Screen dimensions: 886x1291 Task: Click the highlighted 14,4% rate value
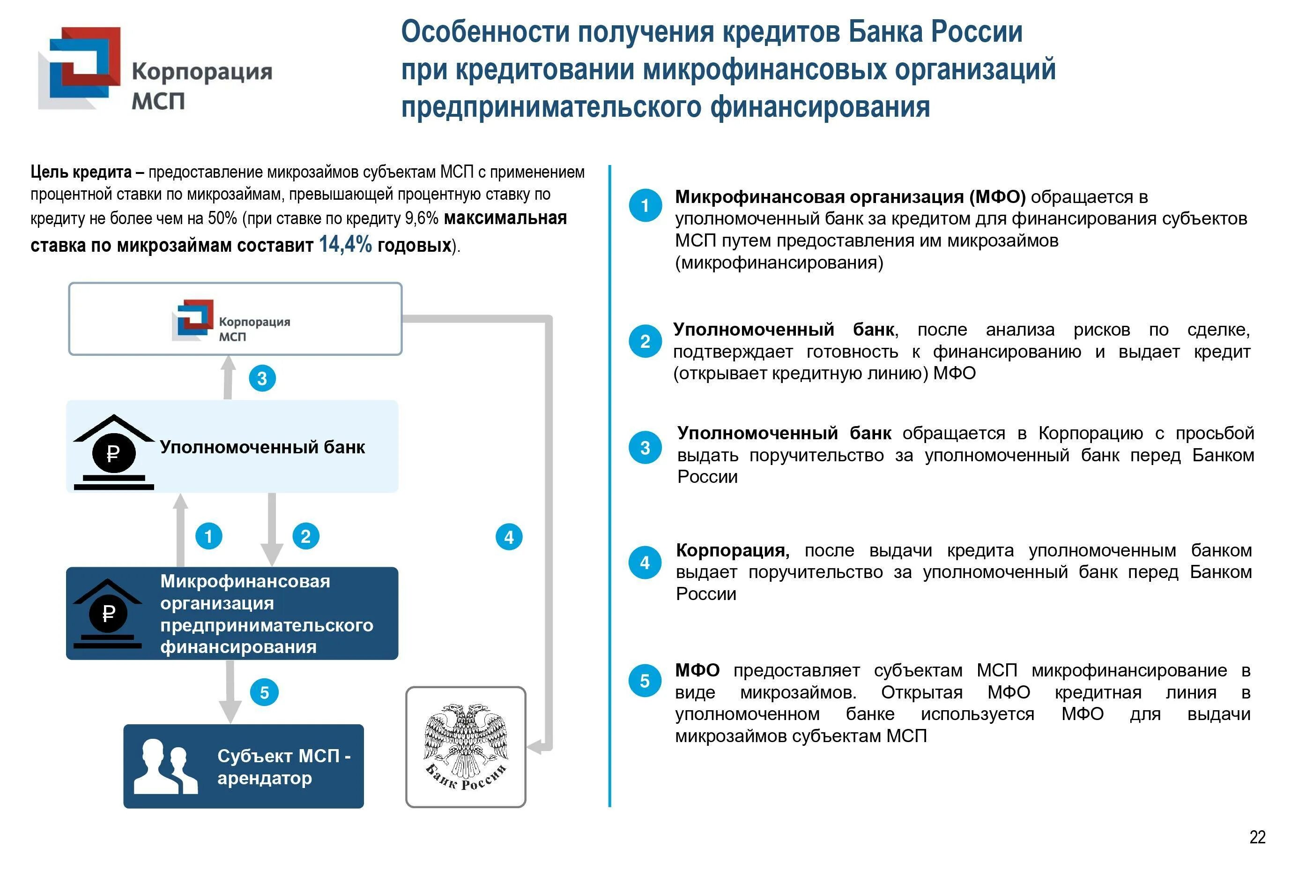click(x=345, y=244)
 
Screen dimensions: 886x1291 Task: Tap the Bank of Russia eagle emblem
click(x=466, y=746)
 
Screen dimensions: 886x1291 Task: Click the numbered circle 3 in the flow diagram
click(x=262, y=378)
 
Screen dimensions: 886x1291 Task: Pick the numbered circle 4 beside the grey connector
click(x=509, y=537)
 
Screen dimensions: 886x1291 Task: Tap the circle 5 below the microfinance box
click(x=264, y=692)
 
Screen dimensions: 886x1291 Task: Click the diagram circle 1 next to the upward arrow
click(x=209, y=536)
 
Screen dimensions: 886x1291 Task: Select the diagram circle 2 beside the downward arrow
click(x=305, y=536)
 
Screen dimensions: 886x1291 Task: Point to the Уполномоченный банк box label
click(x=262, y=447)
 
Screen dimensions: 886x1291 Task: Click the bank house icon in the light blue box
click(x=114, y=452)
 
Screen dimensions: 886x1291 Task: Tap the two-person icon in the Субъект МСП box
click(x=165, y=766)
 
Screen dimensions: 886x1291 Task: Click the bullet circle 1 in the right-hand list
click(x=645, y=206)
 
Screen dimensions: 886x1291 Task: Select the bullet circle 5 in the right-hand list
click(x=645, y=681)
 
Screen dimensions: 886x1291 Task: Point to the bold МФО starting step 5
click(x=697, y=670)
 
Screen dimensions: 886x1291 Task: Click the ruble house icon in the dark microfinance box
click(x=108, y=613)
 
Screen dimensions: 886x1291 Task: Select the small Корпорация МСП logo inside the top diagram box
click(x=231, y=321)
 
